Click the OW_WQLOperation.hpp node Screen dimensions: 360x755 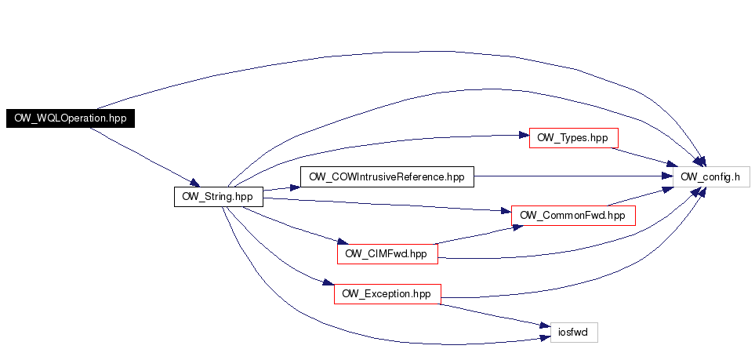71,118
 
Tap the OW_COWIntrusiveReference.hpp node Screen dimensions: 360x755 387,177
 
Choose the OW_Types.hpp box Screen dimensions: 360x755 573,138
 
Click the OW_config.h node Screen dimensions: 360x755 711,177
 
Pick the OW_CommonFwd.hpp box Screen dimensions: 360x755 572,216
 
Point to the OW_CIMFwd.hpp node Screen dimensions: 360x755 386,254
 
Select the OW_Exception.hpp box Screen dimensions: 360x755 387,294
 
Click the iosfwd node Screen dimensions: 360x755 574,333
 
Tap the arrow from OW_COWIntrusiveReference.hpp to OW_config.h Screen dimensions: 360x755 572,177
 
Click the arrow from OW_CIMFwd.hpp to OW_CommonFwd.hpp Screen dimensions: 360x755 475,235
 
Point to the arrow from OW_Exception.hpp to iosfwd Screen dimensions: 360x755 490,315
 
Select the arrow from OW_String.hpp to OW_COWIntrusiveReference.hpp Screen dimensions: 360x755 281,188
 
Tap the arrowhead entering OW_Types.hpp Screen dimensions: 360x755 523,135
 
